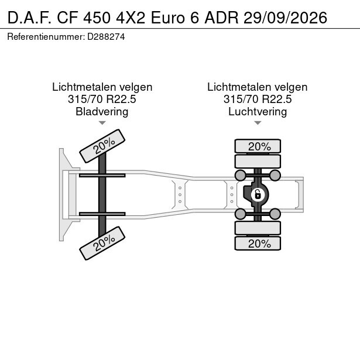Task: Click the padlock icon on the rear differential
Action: pos(258,195)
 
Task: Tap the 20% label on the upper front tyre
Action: pos(104,146)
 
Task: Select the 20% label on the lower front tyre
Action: pos(104,243)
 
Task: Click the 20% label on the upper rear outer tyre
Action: pos(259,146)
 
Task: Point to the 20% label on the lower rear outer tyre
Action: pos(259,244)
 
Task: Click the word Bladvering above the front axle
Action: pos(102,112)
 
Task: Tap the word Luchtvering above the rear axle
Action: pos(258,112)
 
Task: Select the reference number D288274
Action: pos(106,37)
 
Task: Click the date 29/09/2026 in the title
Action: pos(286,18)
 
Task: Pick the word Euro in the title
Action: pos(167,18)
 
